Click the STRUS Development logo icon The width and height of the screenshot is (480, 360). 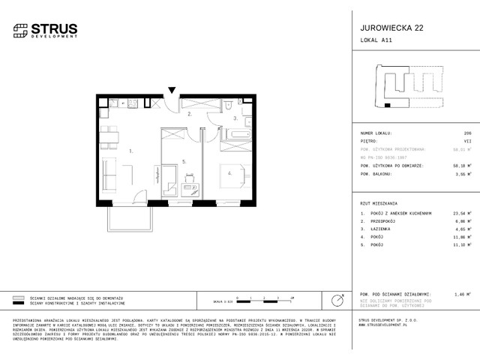(19, 30)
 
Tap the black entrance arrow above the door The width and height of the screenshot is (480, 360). (172, 91)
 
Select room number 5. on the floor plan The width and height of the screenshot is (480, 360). (183, 161)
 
